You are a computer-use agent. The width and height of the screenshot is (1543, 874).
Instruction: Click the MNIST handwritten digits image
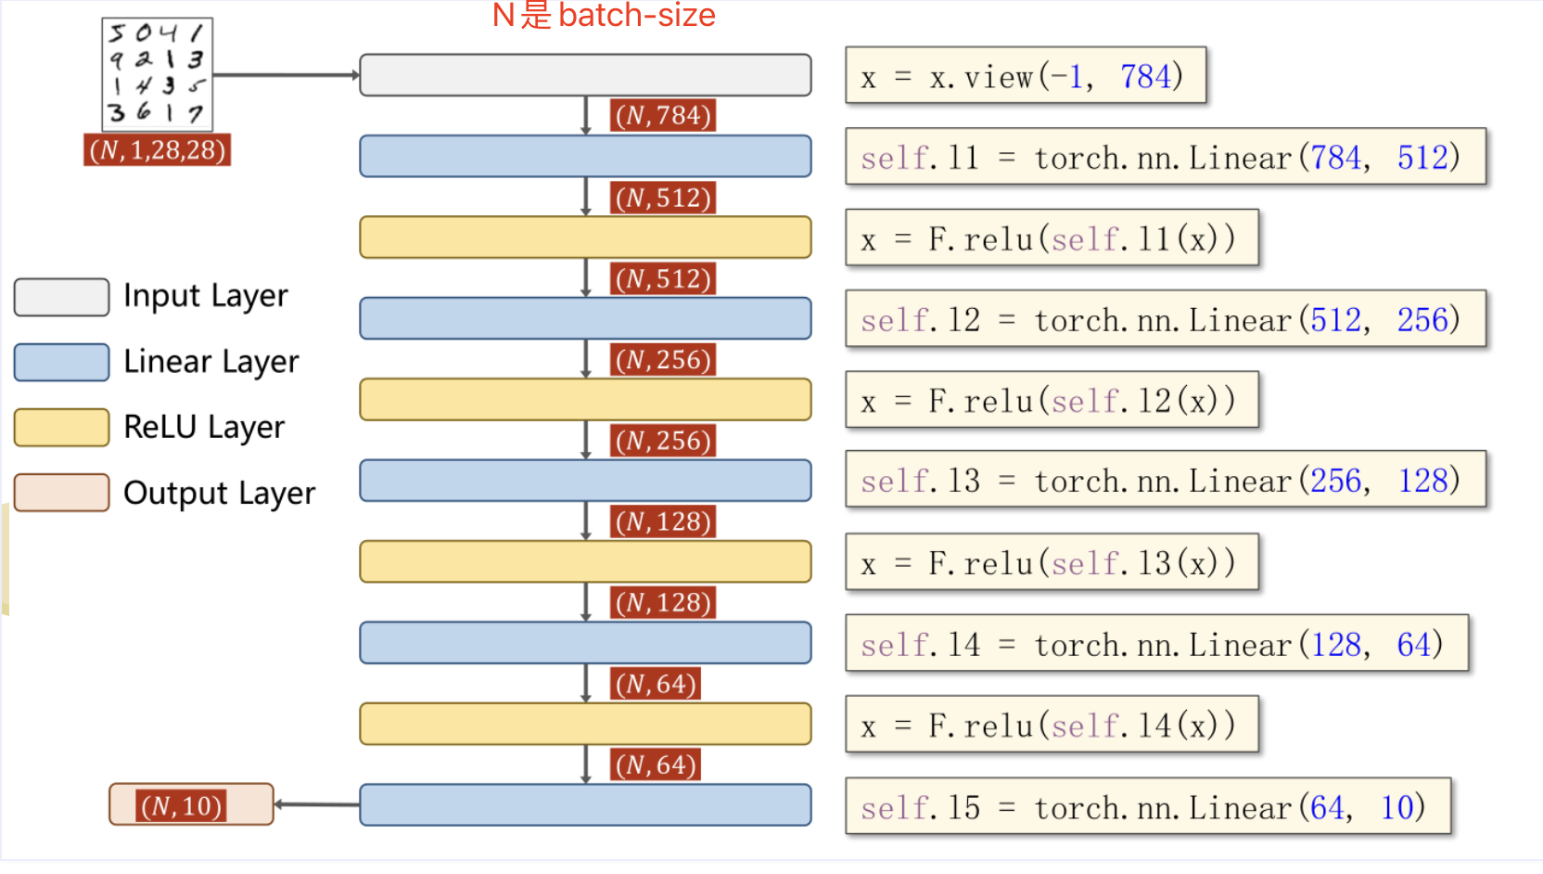[x=157, y=73]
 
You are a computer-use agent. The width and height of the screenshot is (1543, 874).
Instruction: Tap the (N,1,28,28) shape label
[x=157, y=149]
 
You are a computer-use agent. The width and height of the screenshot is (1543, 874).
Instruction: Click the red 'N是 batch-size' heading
[x=603, y=15]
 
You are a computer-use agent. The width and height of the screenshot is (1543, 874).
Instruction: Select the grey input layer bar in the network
[x=585, y=75]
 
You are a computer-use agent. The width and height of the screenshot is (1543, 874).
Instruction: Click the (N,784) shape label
[x=663, y=115]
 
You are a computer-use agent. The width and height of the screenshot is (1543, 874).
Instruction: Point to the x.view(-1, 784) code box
[x=1025, y=75]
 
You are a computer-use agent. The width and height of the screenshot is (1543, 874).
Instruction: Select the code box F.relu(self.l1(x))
[x=1051, y=238]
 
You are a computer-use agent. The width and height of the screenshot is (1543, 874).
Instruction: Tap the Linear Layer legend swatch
[x=61, y=362]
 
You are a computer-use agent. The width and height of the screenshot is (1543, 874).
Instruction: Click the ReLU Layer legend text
[x=204, y=427]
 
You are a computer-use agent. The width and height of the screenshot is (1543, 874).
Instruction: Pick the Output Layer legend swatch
[x=61, y=493]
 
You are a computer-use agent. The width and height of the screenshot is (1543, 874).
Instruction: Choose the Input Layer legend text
[x=205, y=296]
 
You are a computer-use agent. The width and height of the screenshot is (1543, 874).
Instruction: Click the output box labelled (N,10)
[x=191, y=804]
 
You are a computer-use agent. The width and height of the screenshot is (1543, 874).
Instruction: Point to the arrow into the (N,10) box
[x=316, y=804]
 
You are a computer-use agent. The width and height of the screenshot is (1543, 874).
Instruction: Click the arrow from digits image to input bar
[x=286, y=75]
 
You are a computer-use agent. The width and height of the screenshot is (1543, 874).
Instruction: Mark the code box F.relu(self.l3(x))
[x=1051, y=562]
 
